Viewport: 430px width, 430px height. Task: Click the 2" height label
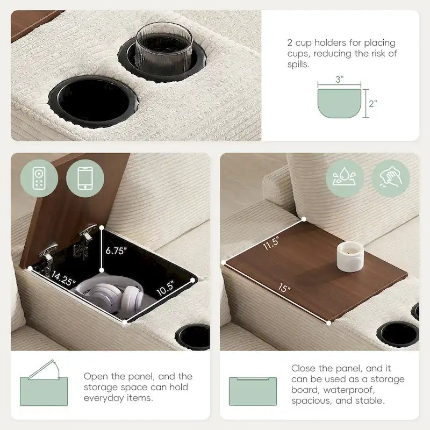pyautogui.click(x=372, y=104)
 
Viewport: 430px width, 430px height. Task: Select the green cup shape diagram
pyautogui.click(x=339, y=104)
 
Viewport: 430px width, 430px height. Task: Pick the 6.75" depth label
pyautogui.click(x=116, y=250)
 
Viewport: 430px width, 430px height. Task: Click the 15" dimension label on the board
pyautogui.click(x=285, y=289)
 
